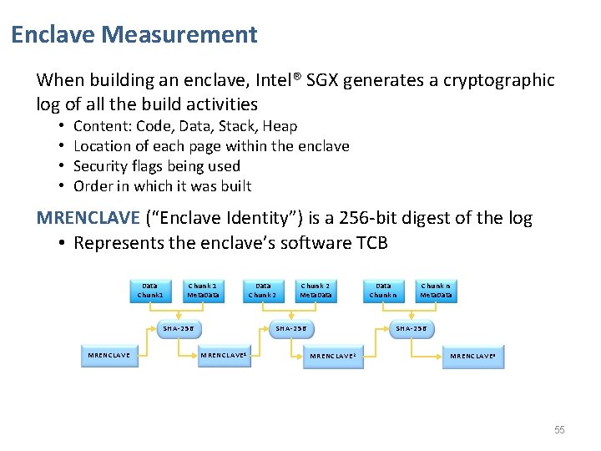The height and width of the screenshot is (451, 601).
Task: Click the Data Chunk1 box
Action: pos(150,290)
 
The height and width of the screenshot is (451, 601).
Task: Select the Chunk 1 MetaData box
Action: pos(202,290)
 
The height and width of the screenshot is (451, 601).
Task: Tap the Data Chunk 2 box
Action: pos(263,290)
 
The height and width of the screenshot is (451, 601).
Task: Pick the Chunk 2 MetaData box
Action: pos(316,290)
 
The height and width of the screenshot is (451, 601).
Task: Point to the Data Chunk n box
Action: pos(383,290)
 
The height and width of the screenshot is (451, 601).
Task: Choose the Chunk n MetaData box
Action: pos(436,290)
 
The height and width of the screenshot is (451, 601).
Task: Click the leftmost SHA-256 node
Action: pos(178,328)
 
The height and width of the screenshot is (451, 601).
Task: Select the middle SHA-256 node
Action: pos(290,328)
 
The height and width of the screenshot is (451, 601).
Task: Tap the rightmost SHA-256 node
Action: pos(411,328)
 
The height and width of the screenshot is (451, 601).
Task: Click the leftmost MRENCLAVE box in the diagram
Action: pos(109,355)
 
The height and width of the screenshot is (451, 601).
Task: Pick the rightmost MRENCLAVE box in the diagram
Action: pos(473,356)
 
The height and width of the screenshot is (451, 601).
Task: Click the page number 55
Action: pos(559,430)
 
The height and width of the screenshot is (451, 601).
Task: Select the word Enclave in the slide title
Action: pos(53,35)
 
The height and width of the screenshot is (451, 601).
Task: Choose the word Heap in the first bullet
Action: pos(280,126)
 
